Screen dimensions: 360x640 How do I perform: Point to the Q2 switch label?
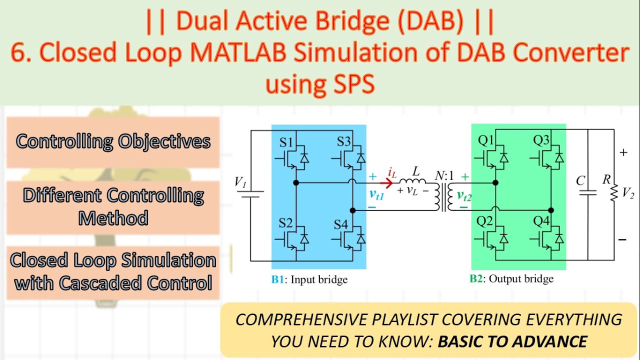coord(484,221)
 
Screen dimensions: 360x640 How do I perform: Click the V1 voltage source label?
coord(240,182)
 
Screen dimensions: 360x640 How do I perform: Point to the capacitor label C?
coord(580,180)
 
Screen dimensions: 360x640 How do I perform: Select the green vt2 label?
coord(464,197)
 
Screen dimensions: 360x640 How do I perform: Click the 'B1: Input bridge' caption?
coord(309,279)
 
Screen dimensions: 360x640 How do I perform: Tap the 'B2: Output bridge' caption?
coord(511,278)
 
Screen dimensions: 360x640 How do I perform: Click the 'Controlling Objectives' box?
coord(113,142)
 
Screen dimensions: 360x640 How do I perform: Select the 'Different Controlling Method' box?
coord(113,206)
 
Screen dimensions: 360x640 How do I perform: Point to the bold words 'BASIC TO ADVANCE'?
coord(512,341)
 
